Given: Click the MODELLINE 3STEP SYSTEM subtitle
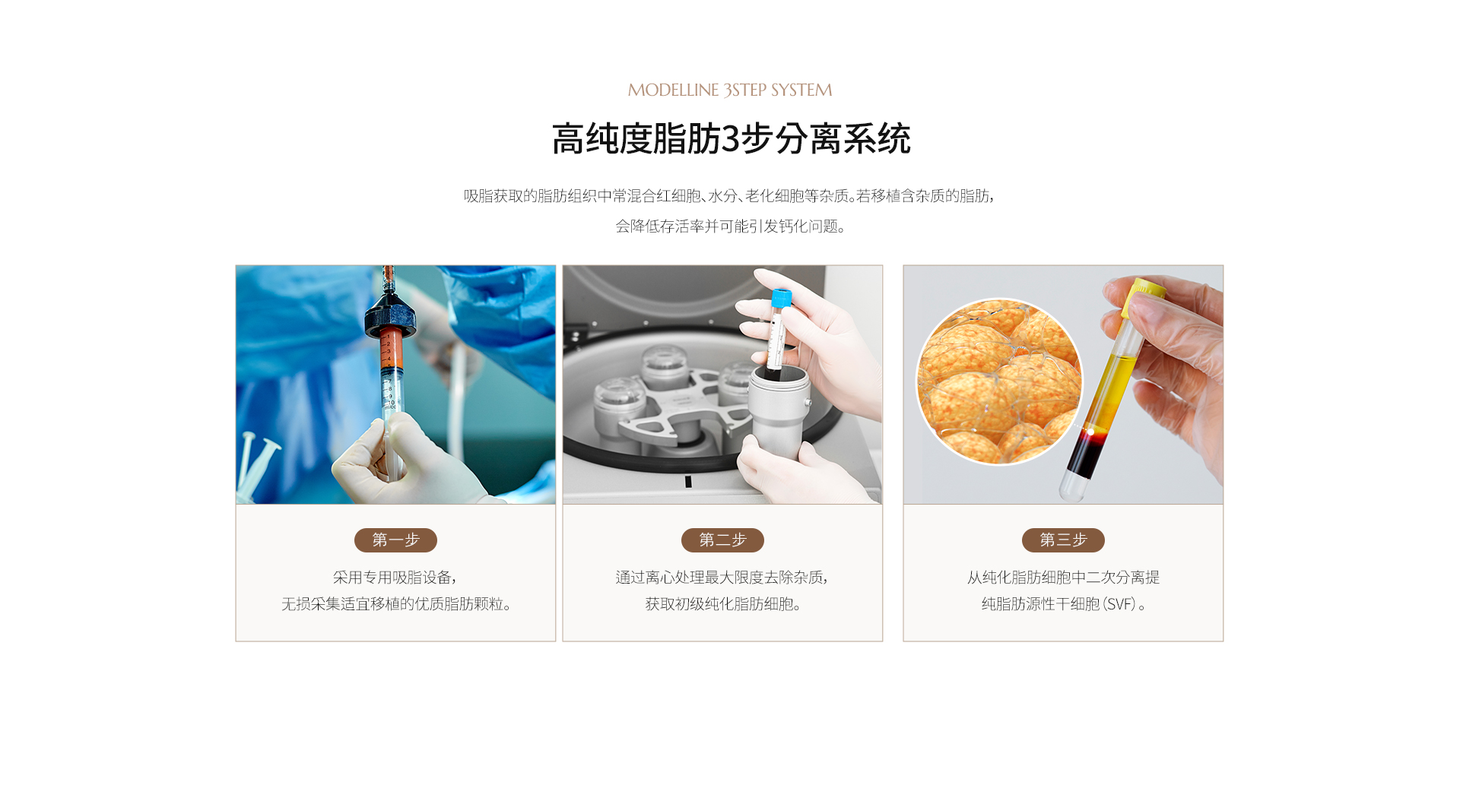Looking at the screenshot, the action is coord(730,90).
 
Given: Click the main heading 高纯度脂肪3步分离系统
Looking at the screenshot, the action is coord(731,139).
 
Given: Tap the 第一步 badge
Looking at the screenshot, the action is coord(395,540).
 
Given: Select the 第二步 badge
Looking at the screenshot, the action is coord(722,540).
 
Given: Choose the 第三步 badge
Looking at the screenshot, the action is coord(1063,540).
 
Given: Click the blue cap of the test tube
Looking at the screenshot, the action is coord(781,298).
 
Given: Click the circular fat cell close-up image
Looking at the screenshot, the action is coord(999,381).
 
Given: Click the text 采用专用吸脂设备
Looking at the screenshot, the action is coord(394,578).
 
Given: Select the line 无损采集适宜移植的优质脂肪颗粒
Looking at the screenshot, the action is coord(395,604).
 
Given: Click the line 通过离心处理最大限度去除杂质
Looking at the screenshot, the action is coord(722,578).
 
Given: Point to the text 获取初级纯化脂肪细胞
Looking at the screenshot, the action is coord(722,604).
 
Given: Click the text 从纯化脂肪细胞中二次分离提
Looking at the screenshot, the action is coord(1063,578).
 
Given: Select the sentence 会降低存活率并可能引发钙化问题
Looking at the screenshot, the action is coord(730,226).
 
